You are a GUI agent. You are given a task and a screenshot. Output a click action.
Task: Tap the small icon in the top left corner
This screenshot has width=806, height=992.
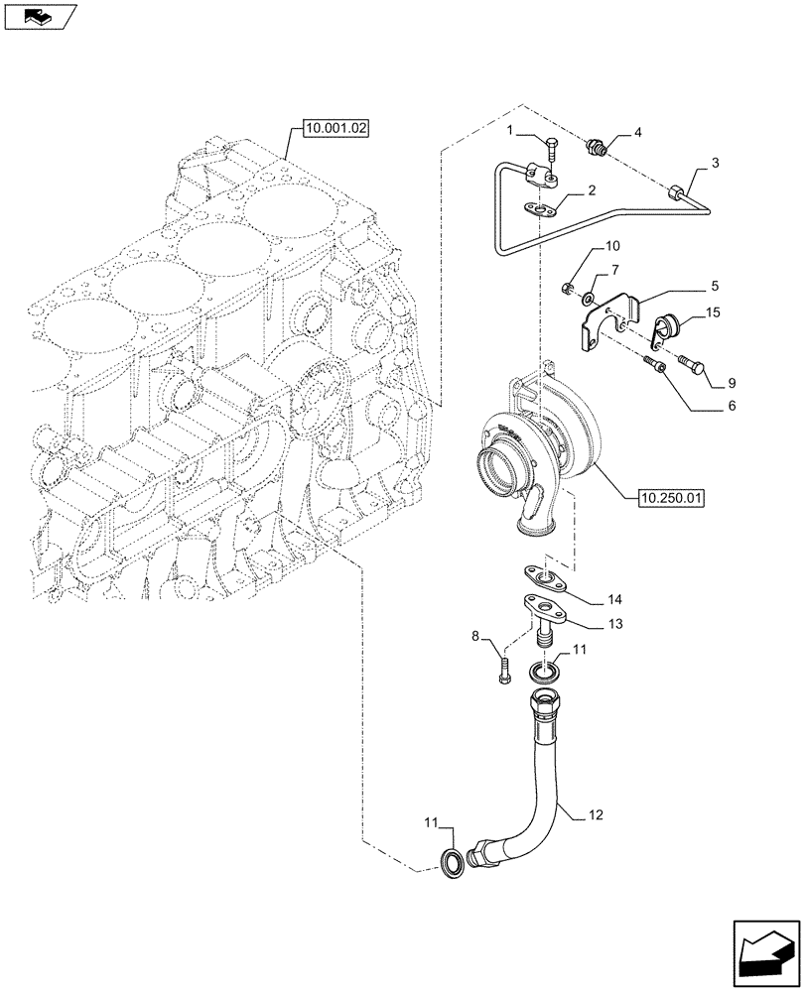coord(39,15)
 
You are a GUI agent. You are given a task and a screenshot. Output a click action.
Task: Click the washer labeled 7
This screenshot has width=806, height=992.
coord(590,298)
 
